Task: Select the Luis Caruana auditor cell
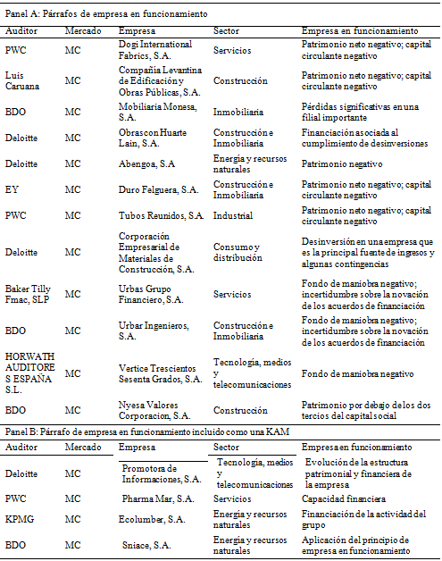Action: (22, 81)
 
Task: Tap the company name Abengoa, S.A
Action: (152, 163)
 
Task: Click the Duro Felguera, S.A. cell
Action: (159, 189)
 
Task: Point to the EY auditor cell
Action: (13, 189)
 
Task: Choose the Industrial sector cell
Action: (233, 215)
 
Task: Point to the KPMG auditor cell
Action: (20, 519)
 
